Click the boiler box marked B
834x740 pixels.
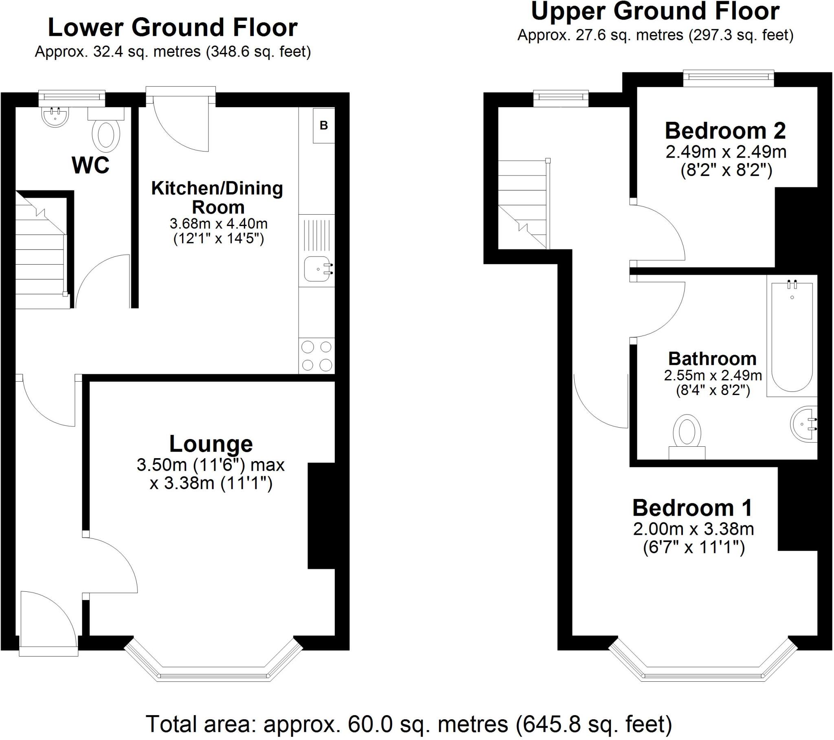pos(324,125)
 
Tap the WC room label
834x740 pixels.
pos(90,165)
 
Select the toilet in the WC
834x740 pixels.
pos(106,130)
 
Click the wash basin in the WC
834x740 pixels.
pos(55,116)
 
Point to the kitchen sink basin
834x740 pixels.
pos(318,269)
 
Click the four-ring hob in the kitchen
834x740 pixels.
pos(317,356)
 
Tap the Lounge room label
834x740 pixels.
pos(211,444)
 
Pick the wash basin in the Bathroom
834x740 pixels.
pos(804,424)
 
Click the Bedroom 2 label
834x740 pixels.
pos(725,131)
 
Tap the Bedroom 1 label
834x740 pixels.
pos(692,508)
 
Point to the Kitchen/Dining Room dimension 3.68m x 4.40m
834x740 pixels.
pos(219,224)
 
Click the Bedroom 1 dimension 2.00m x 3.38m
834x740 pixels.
pos(693,529)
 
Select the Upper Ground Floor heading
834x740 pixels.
pos(655,11)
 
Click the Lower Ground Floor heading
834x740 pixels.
pos(173,28)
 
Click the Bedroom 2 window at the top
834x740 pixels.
pos(729,78)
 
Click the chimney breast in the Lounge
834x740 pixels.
pos(321,516)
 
